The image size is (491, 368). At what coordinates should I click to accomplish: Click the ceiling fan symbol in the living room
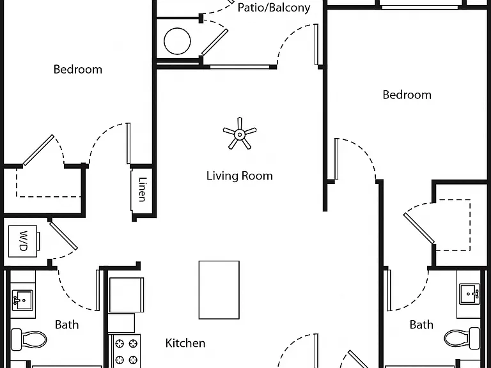pos(240,134)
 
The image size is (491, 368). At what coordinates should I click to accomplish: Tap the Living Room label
pos(240,176)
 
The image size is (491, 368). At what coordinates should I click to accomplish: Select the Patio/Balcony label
pos(274,8)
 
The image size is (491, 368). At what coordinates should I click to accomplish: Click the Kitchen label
pos(185,343)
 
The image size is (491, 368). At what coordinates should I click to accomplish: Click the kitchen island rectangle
pos(219,290)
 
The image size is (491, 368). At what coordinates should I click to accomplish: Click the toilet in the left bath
pos(29,339)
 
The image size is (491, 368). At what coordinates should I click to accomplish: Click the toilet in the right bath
pos(462,338)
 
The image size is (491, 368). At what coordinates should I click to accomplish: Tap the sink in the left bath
pos(22,300)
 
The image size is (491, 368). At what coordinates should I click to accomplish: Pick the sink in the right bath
pos(469,294)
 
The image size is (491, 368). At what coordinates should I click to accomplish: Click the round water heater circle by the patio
pos(177,41)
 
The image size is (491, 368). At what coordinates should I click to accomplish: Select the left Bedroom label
pos(78,69)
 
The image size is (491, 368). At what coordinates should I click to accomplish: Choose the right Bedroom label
pos(407,95)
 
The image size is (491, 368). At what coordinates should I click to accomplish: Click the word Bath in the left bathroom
pos(66,325)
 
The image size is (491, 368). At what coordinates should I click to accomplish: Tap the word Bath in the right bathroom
pos(421,325)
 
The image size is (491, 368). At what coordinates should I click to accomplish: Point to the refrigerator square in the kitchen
pos(127,295)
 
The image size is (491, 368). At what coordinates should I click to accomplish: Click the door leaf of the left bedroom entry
pos(129,143)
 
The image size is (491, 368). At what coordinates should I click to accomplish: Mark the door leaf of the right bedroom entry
pos(337,159)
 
